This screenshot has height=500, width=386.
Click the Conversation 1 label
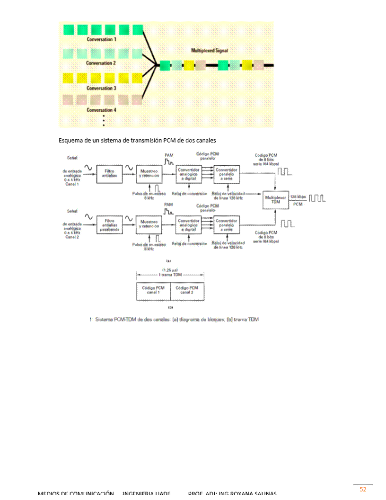tap(102, 40)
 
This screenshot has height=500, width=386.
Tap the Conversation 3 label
tap(102, 88)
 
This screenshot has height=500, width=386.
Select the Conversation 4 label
tap(102, 110)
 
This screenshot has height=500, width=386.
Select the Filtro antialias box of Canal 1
tap(109, 173)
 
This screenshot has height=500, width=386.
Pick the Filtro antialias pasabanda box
tap(109, 224)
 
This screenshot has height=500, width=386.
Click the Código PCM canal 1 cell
tap(153, 290)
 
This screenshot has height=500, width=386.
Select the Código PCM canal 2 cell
tap(187, 290)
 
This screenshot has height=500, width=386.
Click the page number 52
tap(363, 489)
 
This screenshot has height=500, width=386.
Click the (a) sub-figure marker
tap(168, 260)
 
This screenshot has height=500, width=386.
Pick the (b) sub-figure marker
tap(170, 307)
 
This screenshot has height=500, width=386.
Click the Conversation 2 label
tap(102, 63)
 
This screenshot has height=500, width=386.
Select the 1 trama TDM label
tap(170, 275)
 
